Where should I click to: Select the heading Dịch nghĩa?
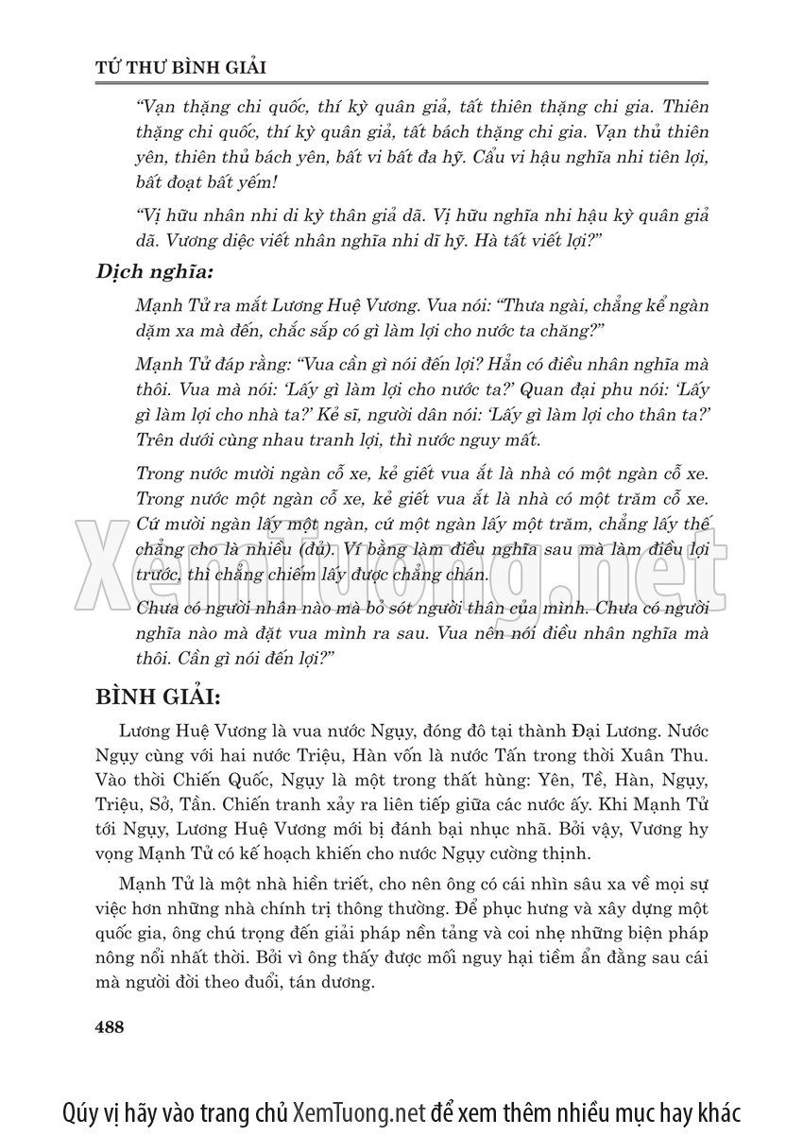coord(155,271)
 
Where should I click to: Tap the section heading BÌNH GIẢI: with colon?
coord(158,698)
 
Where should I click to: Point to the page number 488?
coord(111,1027)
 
